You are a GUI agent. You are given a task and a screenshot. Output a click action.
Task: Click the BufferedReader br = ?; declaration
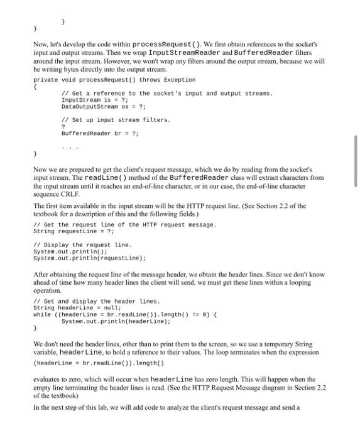100,133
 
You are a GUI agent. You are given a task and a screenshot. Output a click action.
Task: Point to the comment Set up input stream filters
116,119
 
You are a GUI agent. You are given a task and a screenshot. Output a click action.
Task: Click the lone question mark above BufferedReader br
63,126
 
